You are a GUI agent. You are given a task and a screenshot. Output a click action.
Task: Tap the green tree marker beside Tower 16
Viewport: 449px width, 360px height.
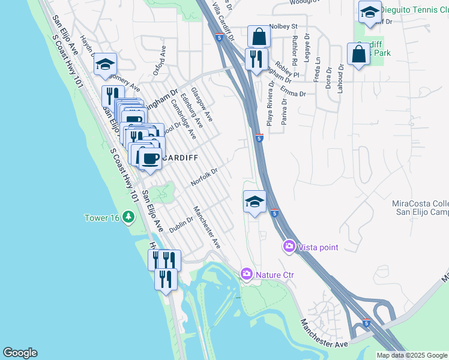pyautogui.click(x=128, y=217)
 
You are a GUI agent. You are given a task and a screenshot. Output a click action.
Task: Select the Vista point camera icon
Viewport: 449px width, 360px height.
pyautogui.click(x=289, y=247)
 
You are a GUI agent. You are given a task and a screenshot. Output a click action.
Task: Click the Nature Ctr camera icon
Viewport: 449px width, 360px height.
pyautogui.click(x=246, y=274)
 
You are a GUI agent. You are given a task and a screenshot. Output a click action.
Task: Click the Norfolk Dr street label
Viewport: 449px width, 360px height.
pyautogui.click(x=203, y=177)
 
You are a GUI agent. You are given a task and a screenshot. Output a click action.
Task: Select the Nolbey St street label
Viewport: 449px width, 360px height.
pyautogui.click(x=284, y=26)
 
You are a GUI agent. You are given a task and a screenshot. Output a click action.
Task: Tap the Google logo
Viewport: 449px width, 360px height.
pyautogui.click(x=19, y=353)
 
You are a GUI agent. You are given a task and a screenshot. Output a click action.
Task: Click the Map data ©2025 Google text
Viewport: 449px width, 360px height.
pyautogui.click(x=412, y=355)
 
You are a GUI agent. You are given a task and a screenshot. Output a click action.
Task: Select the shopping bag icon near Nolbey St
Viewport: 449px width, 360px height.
pyautogui.click(x=259, y=37)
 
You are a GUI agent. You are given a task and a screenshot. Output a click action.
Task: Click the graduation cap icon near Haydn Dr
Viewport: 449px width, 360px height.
pyautogui.click(x=106, y=64)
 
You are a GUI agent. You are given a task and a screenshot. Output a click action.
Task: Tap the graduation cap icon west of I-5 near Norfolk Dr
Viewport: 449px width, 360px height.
pyautogui.click(x=255, y=202)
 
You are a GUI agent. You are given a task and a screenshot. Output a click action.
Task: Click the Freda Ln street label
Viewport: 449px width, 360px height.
pyautogui.click(x=317, y=71)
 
